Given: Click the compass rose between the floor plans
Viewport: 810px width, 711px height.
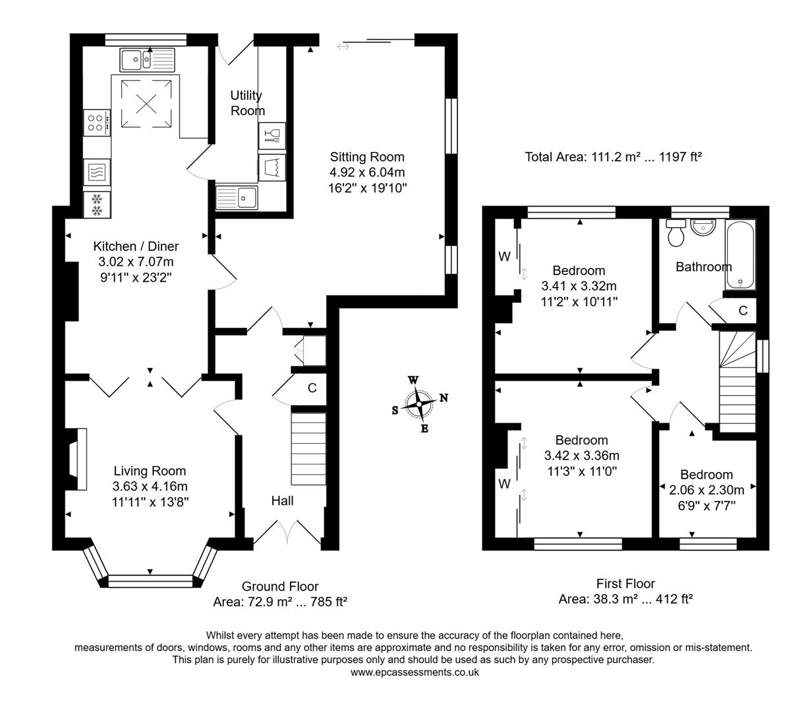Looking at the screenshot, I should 419,404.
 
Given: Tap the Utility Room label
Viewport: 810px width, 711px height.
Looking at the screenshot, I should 247,103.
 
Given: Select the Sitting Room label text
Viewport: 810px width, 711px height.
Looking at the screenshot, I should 367,157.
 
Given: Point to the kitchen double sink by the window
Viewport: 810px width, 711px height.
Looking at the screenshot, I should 146,60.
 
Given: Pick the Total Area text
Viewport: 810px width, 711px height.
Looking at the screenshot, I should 613,157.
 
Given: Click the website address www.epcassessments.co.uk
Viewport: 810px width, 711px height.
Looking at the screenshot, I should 415,672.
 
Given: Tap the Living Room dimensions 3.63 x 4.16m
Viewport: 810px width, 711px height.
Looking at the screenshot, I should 150,487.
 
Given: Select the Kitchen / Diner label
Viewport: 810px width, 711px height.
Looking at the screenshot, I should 136,246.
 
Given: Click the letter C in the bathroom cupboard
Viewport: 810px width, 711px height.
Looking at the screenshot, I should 743,311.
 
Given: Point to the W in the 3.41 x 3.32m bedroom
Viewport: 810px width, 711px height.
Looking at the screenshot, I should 504,257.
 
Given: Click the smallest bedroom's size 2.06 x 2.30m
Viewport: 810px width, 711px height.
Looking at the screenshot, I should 707,490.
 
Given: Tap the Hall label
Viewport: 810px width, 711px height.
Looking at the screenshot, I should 282,501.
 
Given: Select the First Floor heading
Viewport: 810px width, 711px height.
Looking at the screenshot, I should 625,583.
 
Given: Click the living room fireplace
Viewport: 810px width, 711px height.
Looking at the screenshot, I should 78,459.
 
